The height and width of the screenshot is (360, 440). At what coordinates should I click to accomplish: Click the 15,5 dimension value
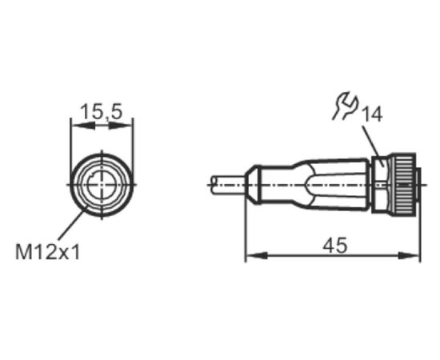coord(102,111)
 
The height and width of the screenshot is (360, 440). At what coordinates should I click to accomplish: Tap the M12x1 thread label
coord(48,252)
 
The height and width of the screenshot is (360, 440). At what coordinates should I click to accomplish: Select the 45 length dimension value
coord(334,246)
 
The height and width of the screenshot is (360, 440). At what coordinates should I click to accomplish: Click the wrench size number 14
coord(372,114)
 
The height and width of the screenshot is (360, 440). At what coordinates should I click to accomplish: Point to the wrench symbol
coord(346,106)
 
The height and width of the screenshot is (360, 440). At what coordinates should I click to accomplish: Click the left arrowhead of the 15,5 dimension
coord(82,126)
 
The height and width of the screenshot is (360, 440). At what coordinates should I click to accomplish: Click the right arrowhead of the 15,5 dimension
coord(121,126)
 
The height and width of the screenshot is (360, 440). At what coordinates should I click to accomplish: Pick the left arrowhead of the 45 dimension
coord(257,256)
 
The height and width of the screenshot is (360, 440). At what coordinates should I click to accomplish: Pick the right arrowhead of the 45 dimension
coord(410,256)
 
